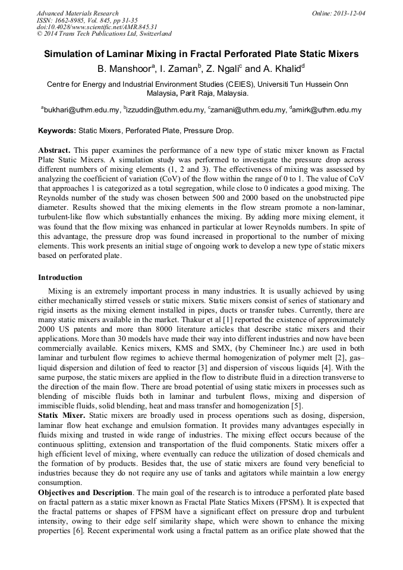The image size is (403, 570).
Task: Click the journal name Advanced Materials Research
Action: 78,13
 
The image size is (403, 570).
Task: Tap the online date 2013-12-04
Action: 348,13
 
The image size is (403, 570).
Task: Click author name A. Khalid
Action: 281,68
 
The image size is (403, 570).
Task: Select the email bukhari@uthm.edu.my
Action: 81,110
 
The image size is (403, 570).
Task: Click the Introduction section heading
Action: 60,278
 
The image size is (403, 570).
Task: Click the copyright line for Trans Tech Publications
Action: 104,34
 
